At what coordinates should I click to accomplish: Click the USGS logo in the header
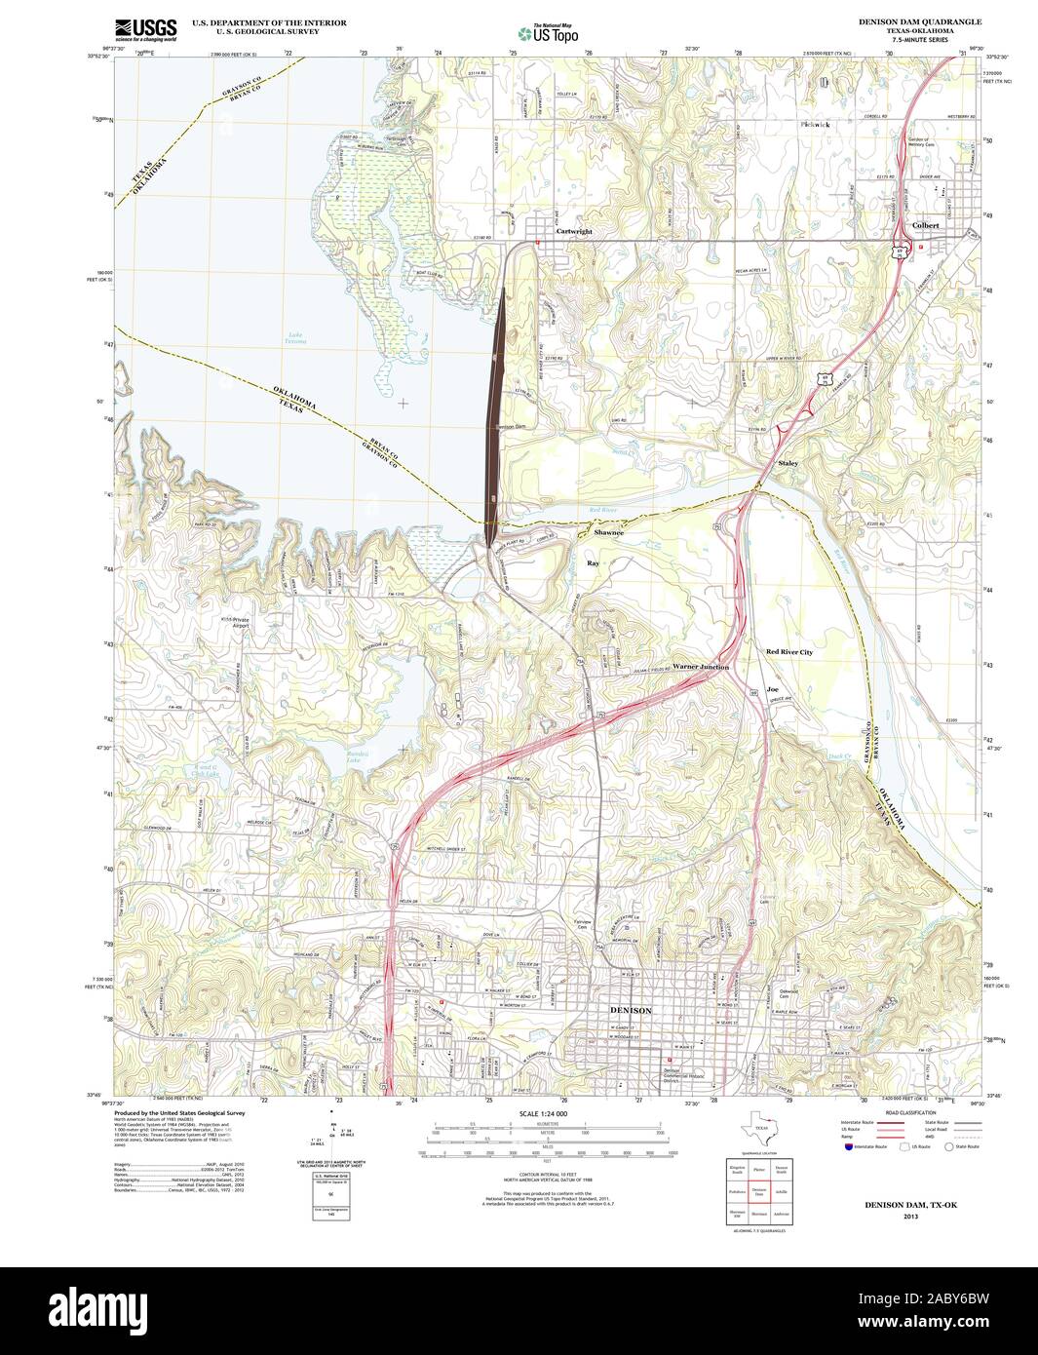[145, 30]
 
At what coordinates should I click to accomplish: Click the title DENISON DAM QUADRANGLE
[906, 20]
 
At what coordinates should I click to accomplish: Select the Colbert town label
[925, 225]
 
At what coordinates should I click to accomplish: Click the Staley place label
[788, 463]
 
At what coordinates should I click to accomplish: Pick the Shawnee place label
[609, 533]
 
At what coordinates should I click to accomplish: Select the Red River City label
[788, 651]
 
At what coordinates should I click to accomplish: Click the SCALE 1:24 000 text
[543, 1113]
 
